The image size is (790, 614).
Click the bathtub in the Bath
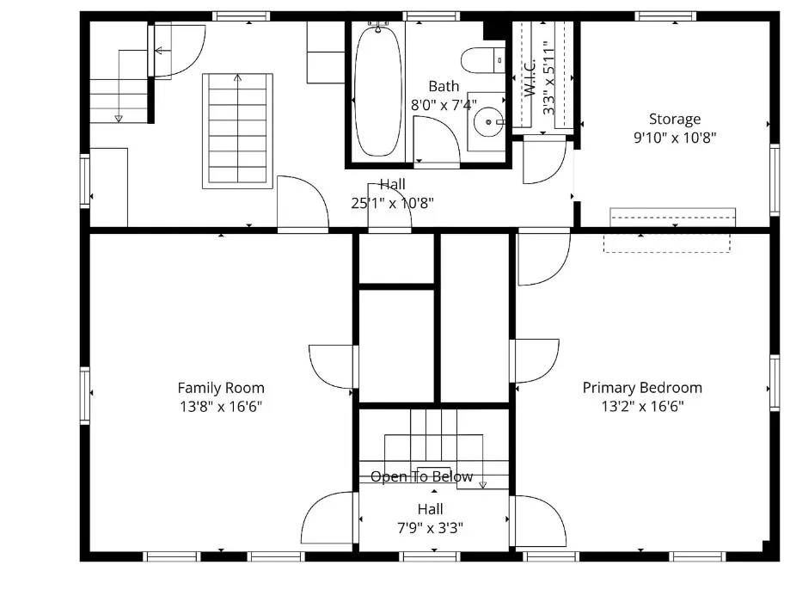pyautogui.click(x=378, y=92)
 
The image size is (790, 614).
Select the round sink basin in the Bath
pyautogui.click(x=487, y=122)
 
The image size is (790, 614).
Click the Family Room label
pyautogui.click(x=221, y=388)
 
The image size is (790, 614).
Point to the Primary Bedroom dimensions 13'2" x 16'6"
pyautogui.click(x=642, y=406)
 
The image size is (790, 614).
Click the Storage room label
pyautogui.click(x=675, y=119)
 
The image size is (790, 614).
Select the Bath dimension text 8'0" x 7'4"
pyautogui.click(x=444, y=105)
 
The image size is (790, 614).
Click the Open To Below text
pyautogui.click(x=422, y=476)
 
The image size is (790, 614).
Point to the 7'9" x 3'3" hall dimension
pyautogui.click(x=431, y=528)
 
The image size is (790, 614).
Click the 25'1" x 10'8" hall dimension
pyautogui.click(x=393, y=203)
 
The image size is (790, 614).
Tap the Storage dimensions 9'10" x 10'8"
pyautogui.click(x=675, y=137)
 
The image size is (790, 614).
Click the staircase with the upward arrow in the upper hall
pyautogui.click(x=238, y=131)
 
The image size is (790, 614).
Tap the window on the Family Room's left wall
pyautogui.click(x=85, y=396)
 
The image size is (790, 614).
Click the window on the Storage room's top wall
pyautogui.click(x=665, y=16)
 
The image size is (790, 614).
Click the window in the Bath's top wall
pyautogui.click(x=432, y=16)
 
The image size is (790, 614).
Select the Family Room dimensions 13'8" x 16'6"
pyautogui.click(x=221, y=406)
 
